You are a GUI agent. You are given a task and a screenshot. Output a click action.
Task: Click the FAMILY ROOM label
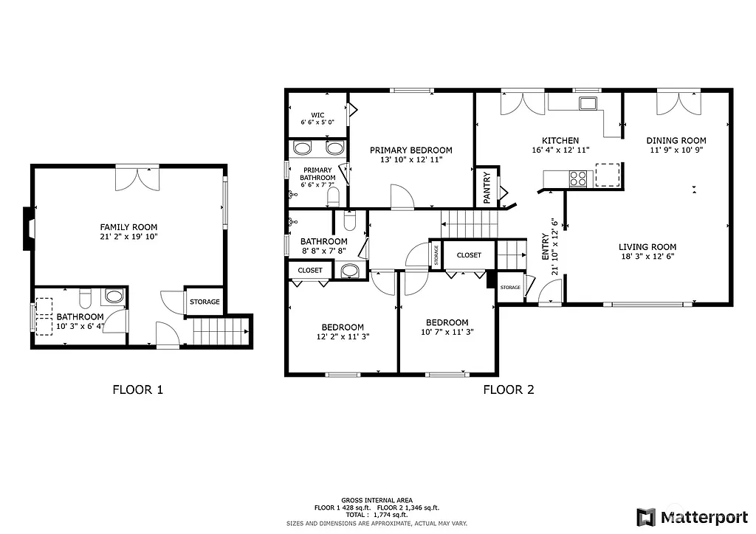tap(128, 227)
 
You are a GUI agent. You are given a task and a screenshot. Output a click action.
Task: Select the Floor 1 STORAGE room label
tap(205, 302)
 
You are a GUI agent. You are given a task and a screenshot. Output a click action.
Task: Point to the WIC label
tap(317, 115)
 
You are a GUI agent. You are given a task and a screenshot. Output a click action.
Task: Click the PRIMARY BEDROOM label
tap(410, 150)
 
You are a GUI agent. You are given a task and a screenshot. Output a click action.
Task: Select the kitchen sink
tap(588, 103)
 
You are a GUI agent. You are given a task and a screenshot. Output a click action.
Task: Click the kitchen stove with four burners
tap(577, 178)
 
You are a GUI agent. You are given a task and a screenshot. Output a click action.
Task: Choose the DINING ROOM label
tap(676, 140)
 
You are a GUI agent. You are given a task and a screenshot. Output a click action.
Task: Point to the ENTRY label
tap(545, 246)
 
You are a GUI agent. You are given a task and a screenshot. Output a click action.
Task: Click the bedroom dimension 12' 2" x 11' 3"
tap(342, 337)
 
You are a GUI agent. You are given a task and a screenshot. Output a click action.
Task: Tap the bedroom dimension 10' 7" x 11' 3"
tap(447, 332)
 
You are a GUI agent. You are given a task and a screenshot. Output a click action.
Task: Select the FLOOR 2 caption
tap(508, 389)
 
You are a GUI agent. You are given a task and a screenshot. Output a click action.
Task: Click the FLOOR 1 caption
tap(137, 389)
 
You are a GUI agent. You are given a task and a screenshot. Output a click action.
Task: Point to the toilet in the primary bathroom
tap(333, 197)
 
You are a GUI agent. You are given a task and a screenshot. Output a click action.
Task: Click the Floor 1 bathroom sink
tap(114, 297)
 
